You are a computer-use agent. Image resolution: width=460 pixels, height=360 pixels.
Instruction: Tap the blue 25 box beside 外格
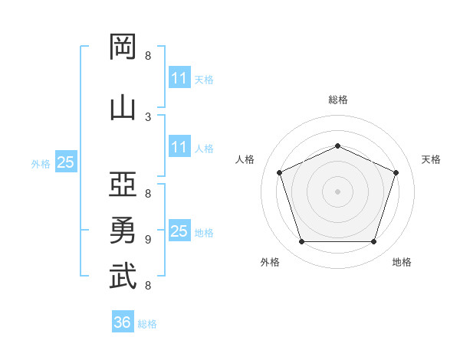66,162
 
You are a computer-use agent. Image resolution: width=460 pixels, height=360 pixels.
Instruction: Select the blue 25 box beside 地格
179,231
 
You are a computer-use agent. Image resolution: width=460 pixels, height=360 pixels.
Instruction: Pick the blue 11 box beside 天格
179,78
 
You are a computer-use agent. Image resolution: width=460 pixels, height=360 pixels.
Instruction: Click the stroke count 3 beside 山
148,116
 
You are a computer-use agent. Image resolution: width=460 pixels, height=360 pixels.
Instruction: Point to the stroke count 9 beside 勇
148,239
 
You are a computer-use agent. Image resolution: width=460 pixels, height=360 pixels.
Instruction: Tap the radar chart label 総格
338,100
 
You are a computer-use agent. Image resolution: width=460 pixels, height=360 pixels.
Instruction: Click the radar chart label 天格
431,159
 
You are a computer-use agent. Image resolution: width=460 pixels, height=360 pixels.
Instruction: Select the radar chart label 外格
270,262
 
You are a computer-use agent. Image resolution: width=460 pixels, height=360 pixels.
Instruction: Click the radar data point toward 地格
374,242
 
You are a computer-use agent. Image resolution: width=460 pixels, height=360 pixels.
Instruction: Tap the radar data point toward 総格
338,146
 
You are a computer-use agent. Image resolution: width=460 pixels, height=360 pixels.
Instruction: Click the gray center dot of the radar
338,191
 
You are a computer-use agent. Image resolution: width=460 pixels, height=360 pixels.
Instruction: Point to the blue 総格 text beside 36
147,324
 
